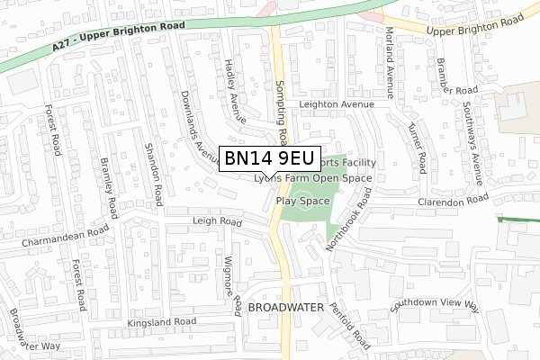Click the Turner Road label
(x=416, y=149)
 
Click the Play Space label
(x=302, y=201)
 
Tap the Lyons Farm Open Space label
(x=312, y=178)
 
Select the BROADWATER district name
(x=285, y=308)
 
